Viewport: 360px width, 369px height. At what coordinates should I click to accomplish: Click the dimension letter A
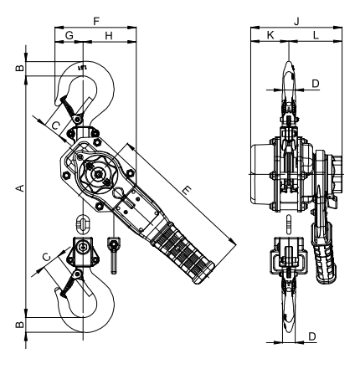(x=18, y=190)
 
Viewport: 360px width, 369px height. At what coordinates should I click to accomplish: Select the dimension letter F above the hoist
(x=95, y=18)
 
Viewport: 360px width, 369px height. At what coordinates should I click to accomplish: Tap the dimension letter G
(x=69, y=35)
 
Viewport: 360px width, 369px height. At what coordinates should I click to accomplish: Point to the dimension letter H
(x=109, y=35)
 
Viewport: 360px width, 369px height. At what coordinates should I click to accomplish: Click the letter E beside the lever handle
(x=186, y=192)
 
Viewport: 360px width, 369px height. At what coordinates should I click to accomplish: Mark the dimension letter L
(x=314, y=35)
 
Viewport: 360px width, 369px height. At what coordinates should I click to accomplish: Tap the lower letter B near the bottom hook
(x=18, y=323)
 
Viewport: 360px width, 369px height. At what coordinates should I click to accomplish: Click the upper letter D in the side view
(x=315, y=84)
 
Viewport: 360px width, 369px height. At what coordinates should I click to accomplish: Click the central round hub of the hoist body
(x=99, y=175)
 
